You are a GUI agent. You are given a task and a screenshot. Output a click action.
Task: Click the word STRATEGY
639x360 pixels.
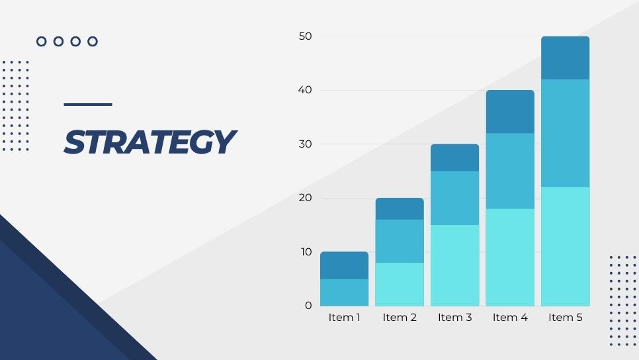(x=150, y=142)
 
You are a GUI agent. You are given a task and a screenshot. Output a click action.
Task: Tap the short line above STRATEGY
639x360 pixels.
(x=88, y=105)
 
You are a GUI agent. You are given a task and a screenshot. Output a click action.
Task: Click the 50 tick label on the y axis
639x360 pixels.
(x=305, y=36)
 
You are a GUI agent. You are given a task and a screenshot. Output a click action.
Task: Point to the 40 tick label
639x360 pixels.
(x=305, y=90)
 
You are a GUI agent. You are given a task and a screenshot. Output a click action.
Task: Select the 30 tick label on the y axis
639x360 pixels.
(x=305, y=144)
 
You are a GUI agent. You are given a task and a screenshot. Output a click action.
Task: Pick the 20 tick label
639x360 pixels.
(x=305, y=198)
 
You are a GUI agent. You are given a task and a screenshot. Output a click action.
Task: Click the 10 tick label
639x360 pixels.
(x=306, y=252)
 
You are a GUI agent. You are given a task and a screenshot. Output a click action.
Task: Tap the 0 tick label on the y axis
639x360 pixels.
(x=308, y=305)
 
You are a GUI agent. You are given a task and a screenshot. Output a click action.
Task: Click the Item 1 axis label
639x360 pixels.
(x=345, y=317)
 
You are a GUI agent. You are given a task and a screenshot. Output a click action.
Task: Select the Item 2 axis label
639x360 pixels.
(x=400, y=317)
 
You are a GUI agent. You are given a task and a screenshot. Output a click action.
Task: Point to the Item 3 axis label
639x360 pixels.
(x=455, y=317)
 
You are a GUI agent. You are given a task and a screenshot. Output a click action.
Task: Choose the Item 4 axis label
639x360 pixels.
(x=510, y=317)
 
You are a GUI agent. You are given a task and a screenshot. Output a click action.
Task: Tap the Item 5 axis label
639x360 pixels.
(x=565, y=317)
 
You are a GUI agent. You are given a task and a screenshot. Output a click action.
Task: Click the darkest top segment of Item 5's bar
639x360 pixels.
(x=565, y=58)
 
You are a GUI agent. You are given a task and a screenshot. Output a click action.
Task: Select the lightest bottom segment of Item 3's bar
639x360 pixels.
(x=455, y=265)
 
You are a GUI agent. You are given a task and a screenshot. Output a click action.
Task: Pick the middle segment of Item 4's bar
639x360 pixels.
(x=510, y=171)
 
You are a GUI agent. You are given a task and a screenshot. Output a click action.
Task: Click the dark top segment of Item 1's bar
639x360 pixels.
(x=345, y=265)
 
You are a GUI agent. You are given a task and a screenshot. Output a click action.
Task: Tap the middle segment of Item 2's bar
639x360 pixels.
(x=400, y=241)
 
